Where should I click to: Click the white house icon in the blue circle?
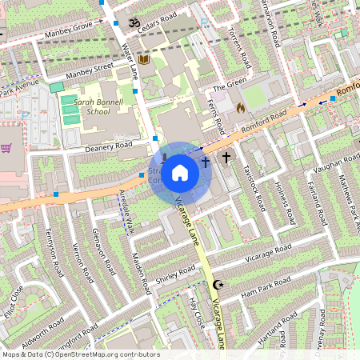click(x=180, y=171)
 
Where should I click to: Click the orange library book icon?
click(x=144, y=60)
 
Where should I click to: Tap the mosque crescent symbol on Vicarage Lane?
click(x=216, y=285)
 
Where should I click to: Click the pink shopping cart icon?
click(x=6, y=148)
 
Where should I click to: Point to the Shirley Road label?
click(x=175, y=275)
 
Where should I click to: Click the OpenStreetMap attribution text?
click(x=80, y=354)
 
